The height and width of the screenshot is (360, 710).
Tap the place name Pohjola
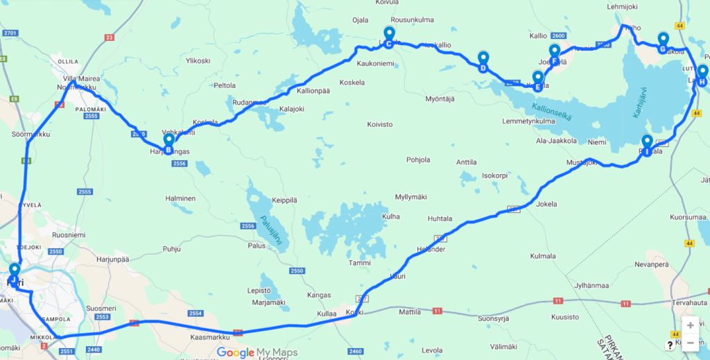pos(418,160)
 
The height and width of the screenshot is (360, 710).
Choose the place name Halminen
pos(180,198)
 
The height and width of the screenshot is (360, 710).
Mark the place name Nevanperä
pos(656,265)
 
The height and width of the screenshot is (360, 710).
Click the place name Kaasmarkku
pos(209,338)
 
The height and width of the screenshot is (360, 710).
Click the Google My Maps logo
pos(257,352)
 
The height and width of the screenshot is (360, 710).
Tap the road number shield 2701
pos(10,33)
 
